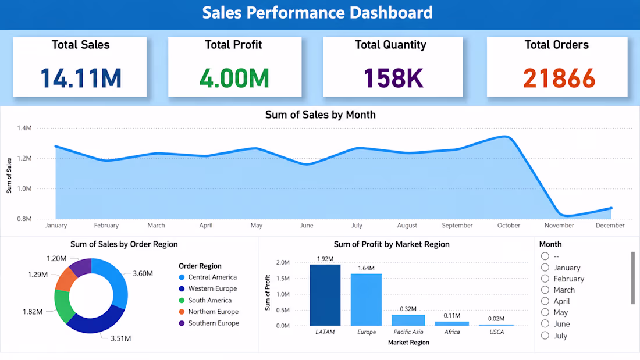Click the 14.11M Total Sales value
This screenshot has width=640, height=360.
81,78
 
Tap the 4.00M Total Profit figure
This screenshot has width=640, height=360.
234,78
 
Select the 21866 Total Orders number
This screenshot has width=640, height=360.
559,78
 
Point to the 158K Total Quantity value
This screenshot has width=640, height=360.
393,78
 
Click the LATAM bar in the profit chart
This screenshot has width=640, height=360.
325,295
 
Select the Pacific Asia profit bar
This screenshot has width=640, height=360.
408,320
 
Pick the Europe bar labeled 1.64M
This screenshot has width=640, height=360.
366,300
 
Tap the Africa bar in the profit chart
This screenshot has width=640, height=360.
452,324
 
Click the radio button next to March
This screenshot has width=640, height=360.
545,290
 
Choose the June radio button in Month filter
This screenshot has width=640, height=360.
545,324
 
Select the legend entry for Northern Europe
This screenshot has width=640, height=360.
208,311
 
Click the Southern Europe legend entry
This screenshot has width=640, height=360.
208,323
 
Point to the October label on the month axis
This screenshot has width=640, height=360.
509,225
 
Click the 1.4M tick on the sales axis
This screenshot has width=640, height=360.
24,128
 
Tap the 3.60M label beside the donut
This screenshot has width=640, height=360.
143,273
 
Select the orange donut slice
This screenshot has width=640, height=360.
66,279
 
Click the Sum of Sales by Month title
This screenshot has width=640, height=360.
321,115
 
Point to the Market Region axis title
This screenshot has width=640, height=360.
408,343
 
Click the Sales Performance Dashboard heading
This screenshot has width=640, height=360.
318,13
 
